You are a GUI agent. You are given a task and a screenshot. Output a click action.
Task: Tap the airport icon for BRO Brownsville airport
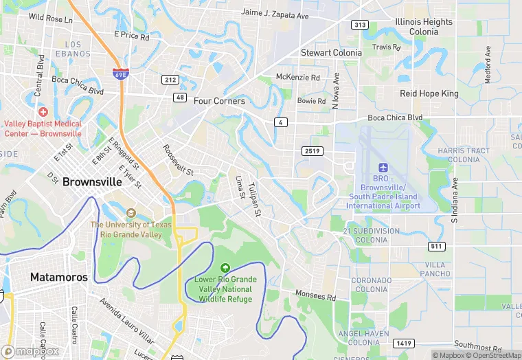pos(383,169)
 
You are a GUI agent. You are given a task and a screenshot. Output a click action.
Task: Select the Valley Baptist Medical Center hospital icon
pos(43,111)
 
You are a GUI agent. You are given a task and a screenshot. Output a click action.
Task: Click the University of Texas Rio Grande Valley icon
pos(131,212)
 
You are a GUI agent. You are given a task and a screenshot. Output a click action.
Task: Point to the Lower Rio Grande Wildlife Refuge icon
pos(224,268)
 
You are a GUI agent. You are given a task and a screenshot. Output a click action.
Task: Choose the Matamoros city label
pos(59,278)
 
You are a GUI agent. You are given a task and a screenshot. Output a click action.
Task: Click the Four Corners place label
pos(219,101)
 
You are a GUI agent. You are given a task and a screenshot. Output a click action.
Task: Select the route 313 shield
pos(359,25)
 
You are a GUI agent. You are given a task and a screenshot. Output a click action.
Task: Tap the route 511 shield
pos(435,246)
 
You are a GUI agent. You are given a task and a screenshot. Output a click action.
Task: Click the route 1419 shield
pos(404,342)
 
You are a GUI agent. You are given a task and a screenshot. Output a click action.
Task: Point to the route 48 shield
pos(180,97)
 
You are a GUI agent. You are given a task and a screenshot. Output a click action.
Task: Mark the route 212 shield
pos(171,80)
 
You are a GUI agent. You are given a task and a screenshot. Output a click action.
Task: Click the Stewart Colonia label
pos(331,53)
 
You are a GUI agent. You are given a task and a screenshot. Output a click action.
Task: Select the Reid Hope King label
pos(429,93)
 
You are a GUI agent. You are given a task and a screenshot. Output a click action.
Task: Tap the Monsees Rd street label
pos(315,296)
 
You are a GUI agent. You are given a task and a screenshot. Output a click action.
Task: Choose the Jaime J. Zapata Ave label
pos(275,14)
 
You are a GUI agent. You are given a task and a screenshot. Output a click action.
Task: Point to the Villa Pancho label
pos(435,269)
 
